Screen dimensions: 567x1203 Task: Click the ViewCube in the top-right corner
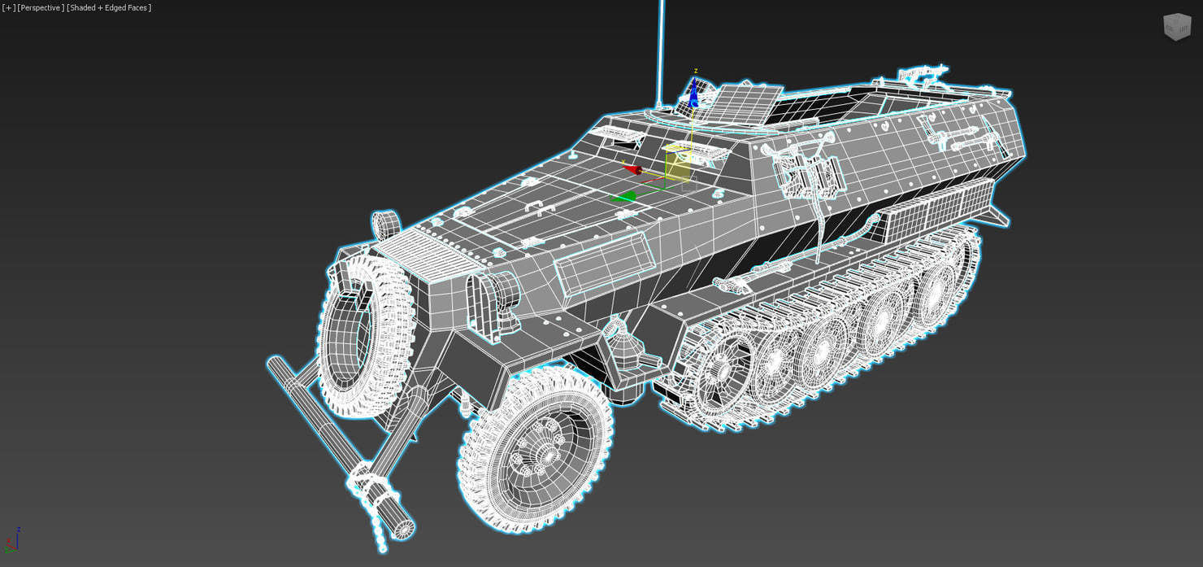click(1176, 26)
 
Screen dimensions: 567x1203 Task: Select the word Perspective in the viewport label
click(41, 7)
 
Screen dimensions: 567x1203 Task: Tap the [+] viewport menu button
click(8, 7)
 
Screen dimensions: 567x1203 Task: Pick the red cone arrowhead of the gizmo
click(632, 169)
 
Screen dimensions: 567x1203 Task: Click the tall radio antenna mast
click(661, 49)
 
